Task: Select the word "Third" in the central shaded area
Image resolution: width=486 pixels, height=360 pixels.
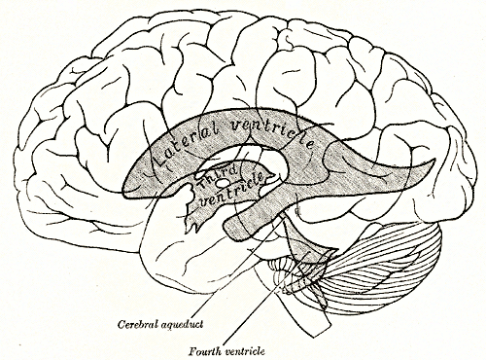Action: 215,176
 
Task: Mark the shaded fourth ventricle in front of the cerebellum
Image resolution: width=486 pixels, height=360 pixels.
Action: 312,264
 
